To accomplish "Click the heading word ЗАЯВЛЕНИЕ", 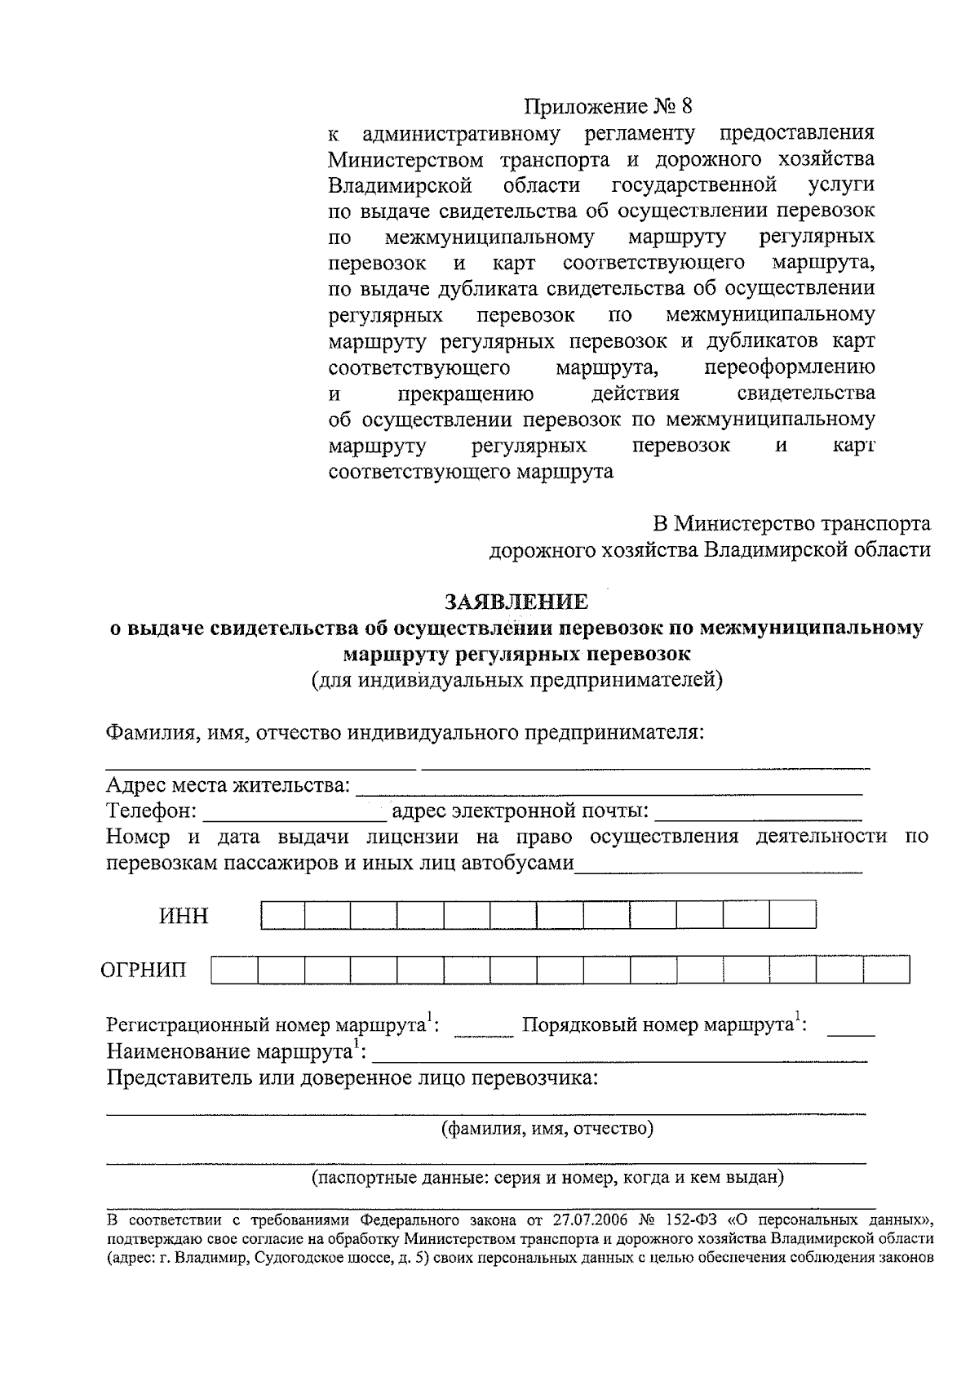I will pyautogui.click(x=516, y=602).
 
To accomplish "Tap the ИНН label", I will pyautogui.click(x=184, y=916).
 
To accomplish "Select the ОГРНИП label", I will pyautogui.click(x=143, y=970).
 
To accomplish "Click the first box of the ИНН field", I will pyautogui.click(x=282, y=915).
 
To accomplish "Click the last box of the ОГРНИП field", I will pyautogui.click(x=887, y=970).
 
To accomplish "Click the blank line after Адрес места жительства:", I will pyautogui.click(x=609, y=789).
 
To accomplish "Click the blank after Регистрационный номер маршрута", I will pyautogui.click(x=483, y=1030).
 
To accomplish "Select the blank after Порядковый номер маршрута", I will pyautogui.click(x=851, y=1030).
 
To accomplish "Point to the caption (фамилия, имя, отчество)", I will pyautogui.click(x=547, y=1129).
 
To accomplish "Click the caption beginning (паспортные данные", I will pyautogui.click(x=547, y=1178).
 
